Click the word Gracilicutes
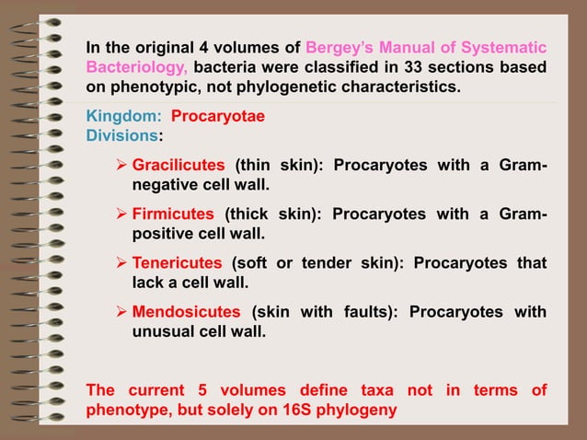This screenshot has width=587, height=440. pyautogui.click(x=178, y=166)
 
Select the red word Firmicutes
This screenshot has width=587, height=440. pyautogui.click(x=174, y=214)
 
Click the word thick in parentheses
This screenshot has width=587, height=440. pyautogui.click(x=245, y=214)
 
